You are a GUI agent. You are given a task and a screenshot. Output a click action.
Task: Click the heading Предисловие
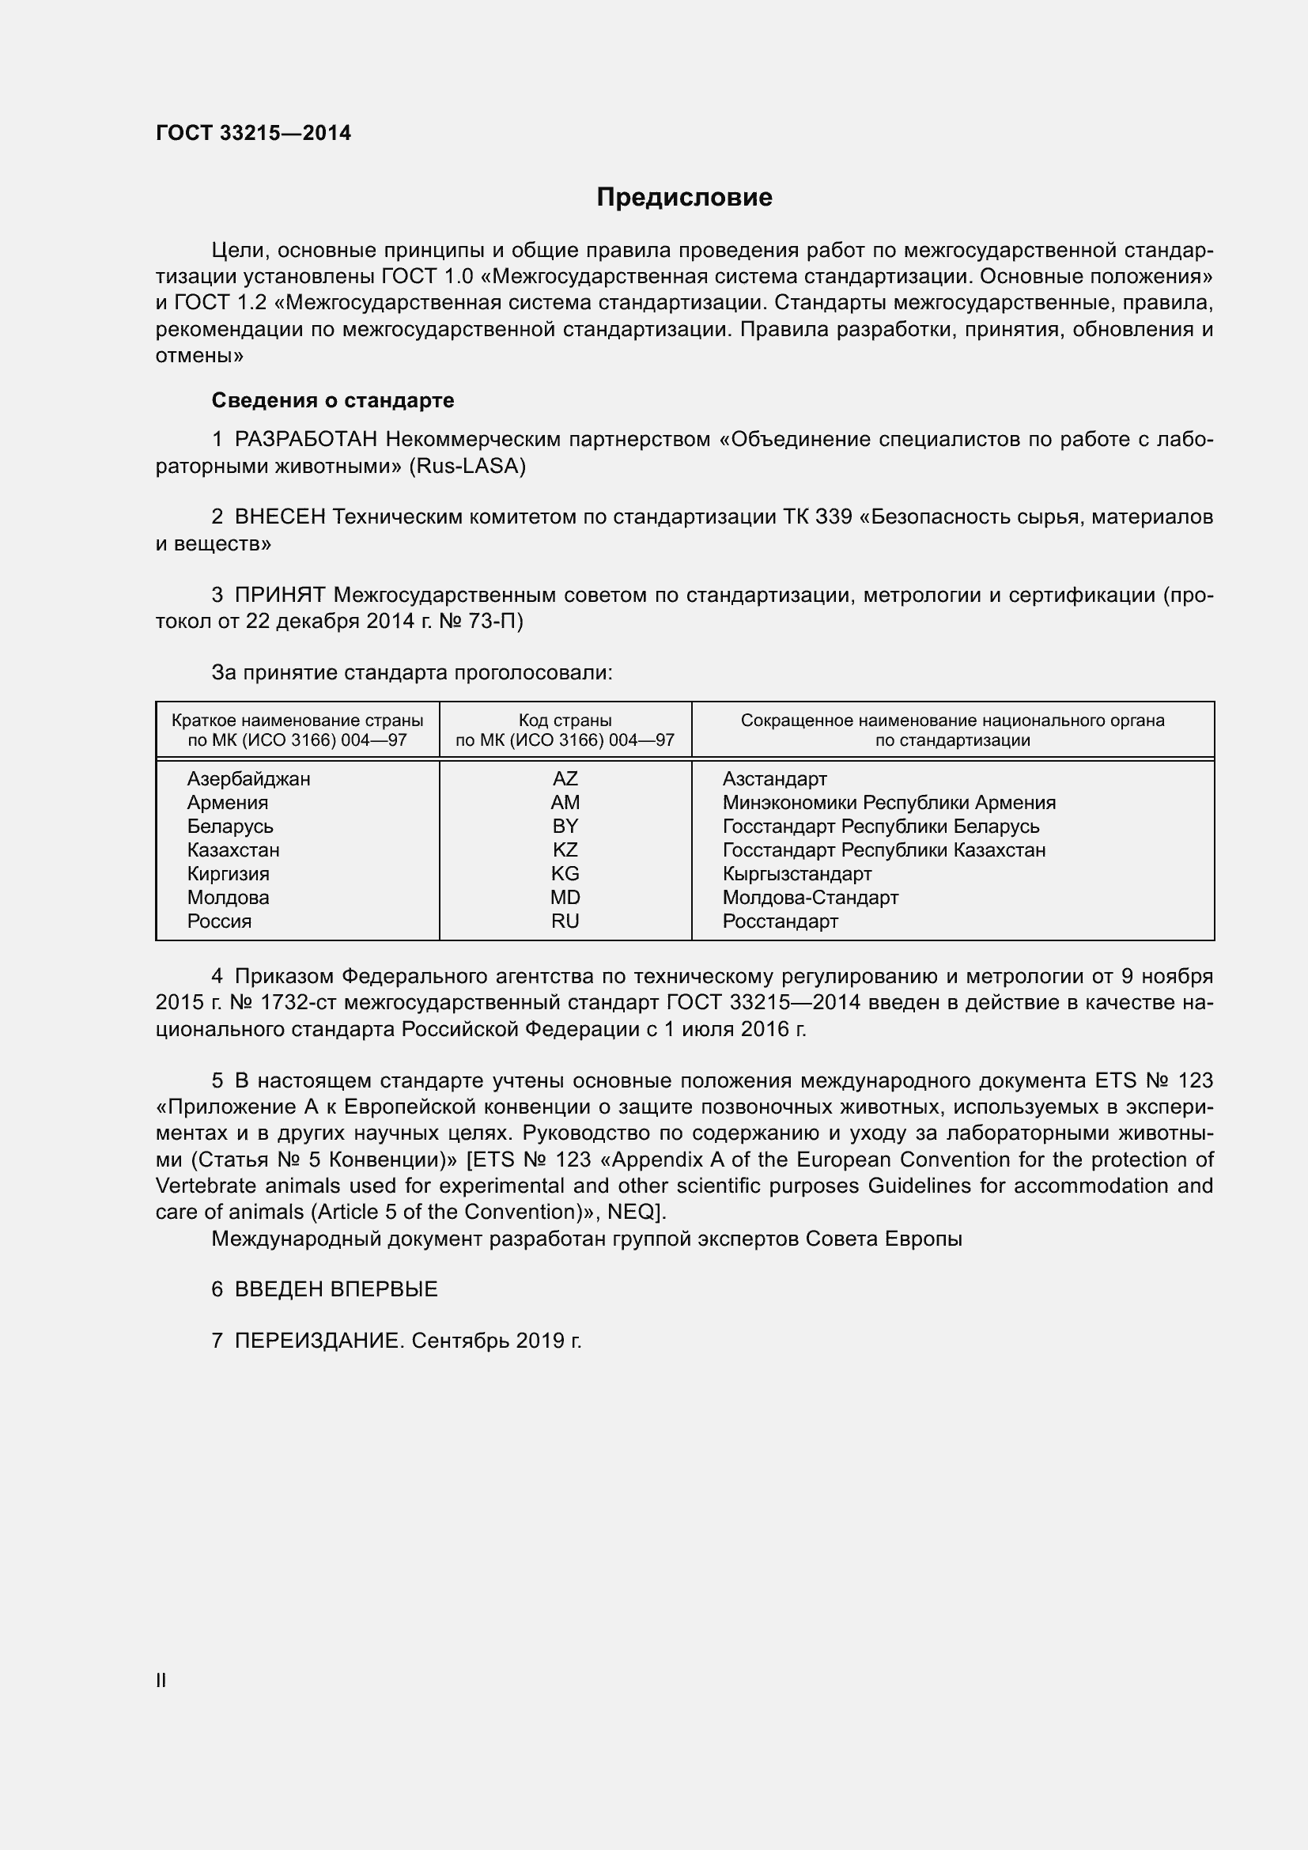point(684,198)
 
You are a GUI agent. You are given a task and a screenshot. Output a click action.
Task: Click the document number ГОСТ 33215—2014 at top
point(253,133)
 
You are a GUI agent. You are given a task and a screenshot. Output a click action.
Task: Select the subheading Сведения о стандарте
point(333,400)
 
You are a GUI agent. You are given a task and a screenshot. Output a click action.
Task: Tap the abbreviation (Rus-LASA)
point(467,466)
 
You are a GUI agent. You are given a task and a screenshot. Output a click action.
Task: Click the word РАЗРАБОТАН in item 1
point(306,439)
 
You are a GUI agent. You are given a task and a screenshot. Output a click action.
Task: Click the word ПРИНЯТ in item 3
point(279,595)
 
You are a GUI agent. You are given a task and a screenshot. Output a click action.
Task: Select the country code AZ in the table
point(565,778)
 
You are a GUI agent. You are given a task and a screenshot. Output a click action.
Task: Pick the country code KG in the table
point(565,873)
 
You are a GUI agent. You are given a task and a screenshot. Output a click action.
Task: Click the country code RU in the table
point(565,921)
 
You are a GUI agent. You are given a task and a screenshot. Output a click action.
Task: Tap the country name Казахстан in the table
point(232,850)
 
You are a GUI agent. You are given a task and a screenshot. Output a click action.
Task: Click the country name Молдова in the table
point(228,898)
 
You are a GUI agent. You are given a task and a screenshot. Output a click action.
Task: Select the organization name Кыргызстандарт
point(796,873)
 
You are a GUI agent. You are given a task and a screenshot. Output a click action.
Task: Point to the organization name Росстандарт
point(780,921)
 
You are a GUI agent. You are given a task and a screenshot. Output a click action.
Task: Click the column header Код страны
point(565,721)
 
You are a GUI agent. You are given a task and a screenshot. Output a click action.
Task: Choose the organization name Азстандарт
point(774,778)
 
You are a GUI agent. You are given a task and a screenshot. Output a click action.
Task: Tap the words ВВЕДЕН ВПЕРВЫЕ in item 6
point(336,1289)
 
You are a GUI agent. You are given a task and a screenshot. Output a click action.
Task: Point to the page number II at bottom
point(161,1680)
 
